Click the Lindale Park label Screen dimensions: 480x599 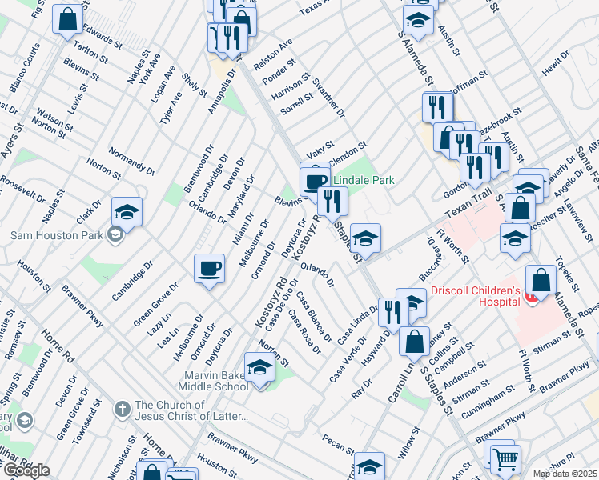364,182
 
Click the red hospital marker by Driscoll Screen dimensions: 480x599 530,298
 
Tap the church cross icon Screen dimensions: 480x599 122,410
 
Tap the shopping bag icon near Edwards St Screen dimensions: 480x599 68,18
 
